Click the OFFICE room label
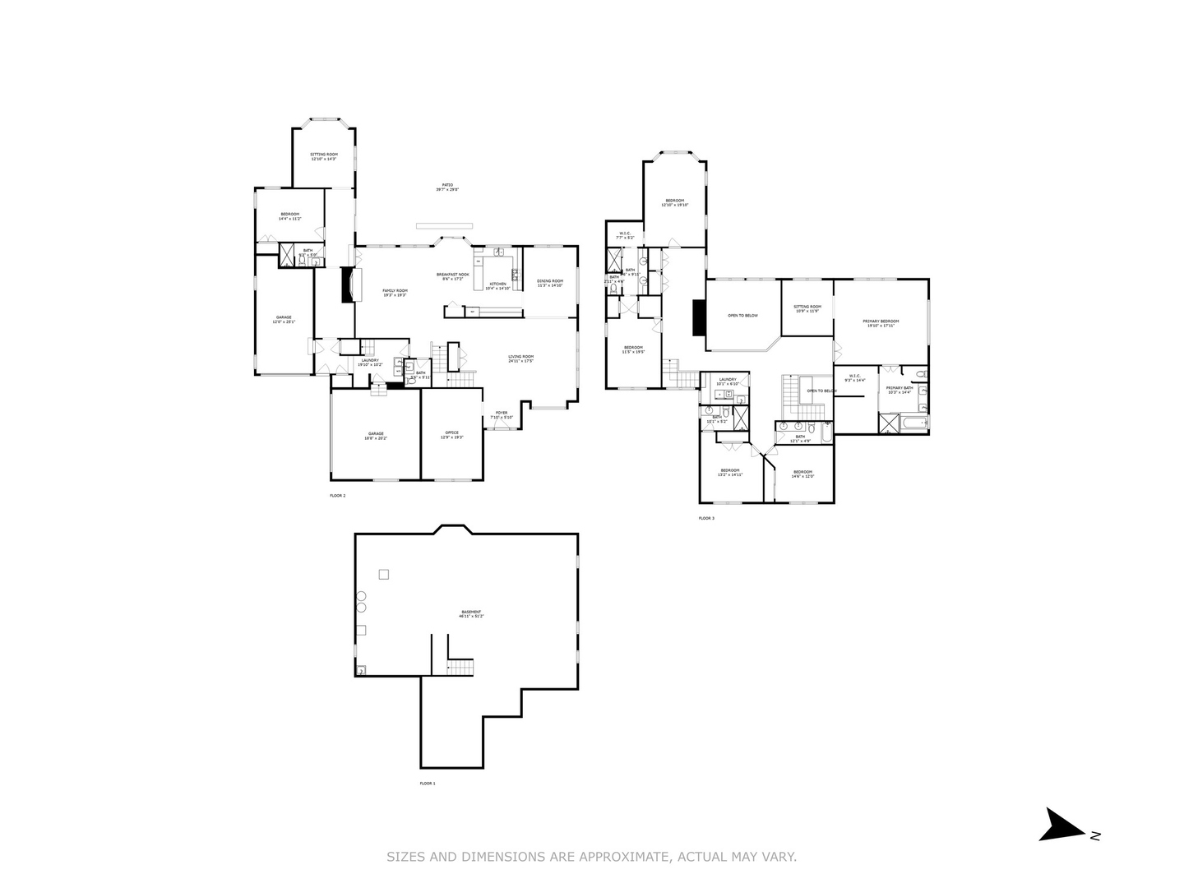[x=451, y=434]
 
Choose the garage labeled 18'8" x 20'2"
[x=376, y=436]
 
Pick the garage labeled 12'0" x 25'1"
[x=283, y=319]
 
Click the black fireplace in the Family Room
[x=349, y=285]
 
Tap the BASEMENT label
[x=471, y=613]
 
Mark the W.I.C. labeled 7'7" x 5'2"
[x=625, y=235]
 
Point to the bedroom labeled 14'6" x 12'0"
[x=802, y=474]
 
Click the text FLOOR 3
[x=706, y=518]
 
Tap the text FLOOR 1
[x=428, y=784]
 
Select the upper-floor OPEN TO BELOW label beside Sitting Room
[x=742, y=316]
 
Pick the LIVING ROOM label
[x=520, y=358]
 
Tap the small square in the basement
[x=383, y=574]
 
